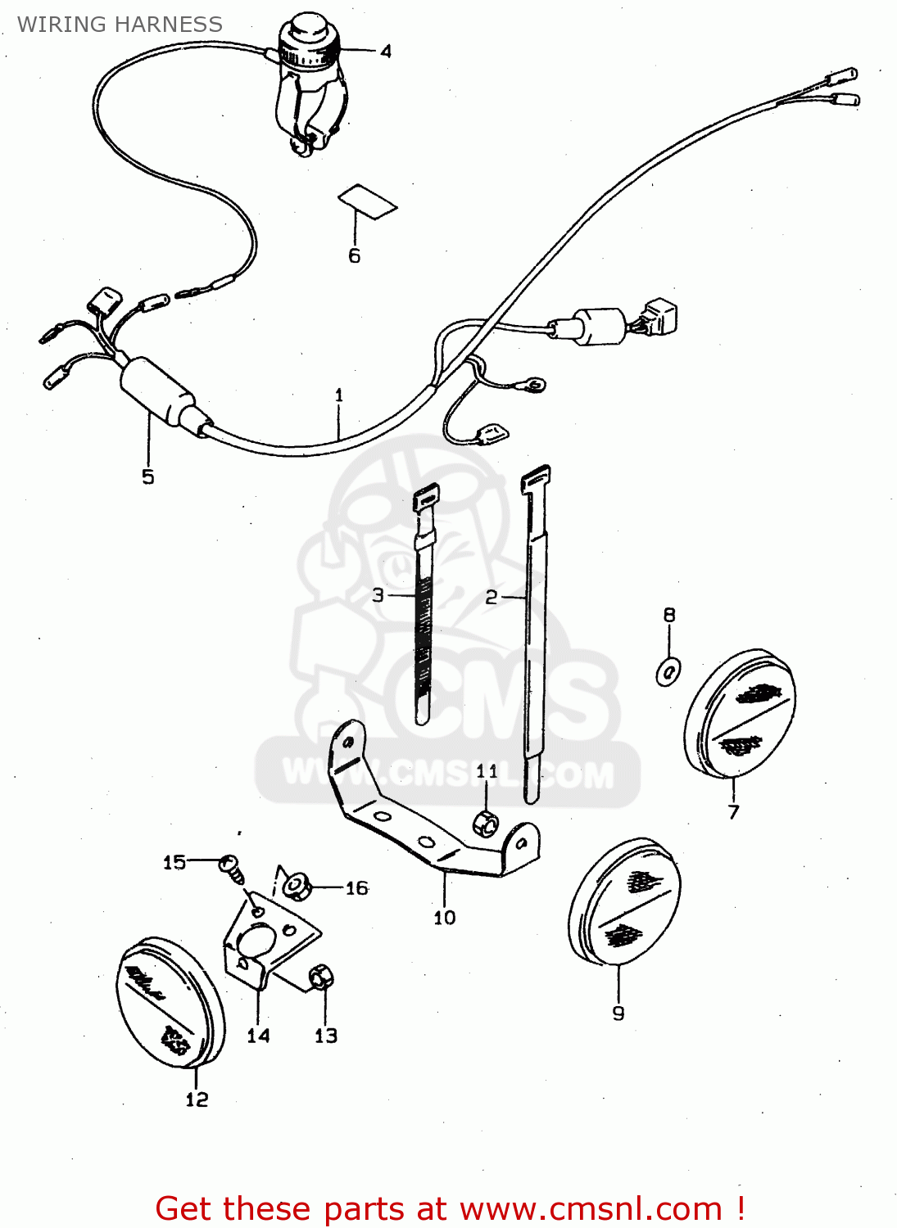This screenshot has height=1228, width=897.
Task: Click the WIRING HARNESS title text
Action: pos(120,25)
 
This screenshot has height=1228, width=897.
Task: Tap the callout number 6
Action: pos(354,256)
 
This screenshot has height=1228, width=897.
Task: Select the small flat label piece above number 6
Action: pos(368,201)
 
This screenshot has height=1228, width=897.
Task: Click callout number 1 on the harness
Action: pos(339,395)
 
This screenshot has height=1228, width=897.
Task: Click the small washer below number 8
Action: pos(668,672)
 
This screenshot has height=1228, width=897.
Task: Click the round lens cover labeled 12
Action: pos(170,1003)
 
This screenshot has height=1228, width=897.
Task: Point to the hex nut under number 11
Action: pos(486,822)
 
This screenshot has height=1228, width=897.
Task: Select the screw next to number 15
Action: pos(232,868)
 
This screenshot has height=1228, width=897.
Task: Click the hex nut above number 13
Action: pos(321,976)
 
